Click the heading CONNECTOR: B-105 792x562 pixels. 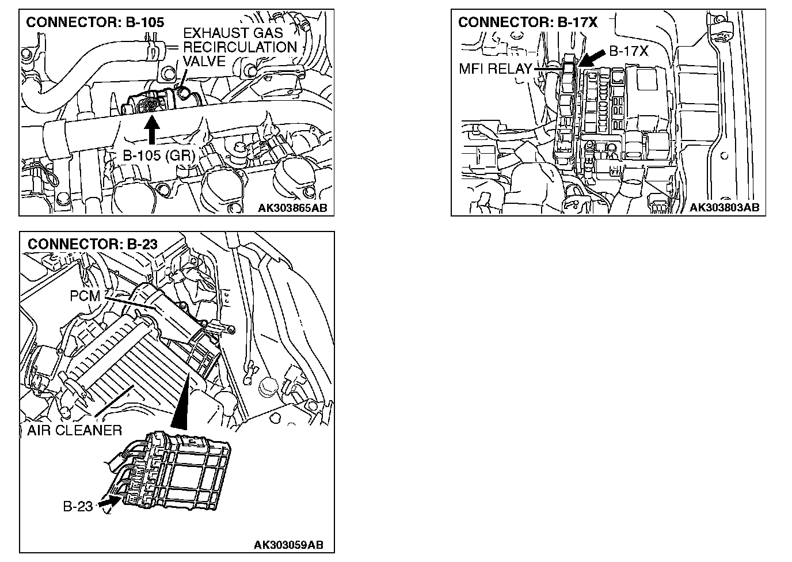coord(95,22)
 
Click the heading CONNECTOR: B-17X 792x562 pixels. coord(528,22)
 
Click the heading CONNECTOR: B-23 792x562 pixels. coord(92,244)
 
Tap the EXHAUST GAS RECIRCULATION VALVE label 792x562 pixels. coord(239,47)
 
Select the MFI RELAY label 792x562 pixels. coord(495,69)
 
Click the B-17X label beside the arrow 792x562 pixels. coord(629,51)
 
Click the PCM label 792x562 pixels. coord(85,295)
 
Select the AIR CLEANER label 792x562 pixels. coord(74,430)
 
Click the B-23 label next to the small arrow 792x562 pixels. coord(77,507)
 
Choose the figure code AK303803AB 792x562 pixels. coord(724,207)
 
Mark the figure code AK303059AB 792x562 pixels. coord(288,545)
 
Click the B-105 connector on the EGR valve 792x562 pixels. coord(151,105)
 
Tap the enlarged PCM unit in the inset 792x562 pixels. coord(184,469)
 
